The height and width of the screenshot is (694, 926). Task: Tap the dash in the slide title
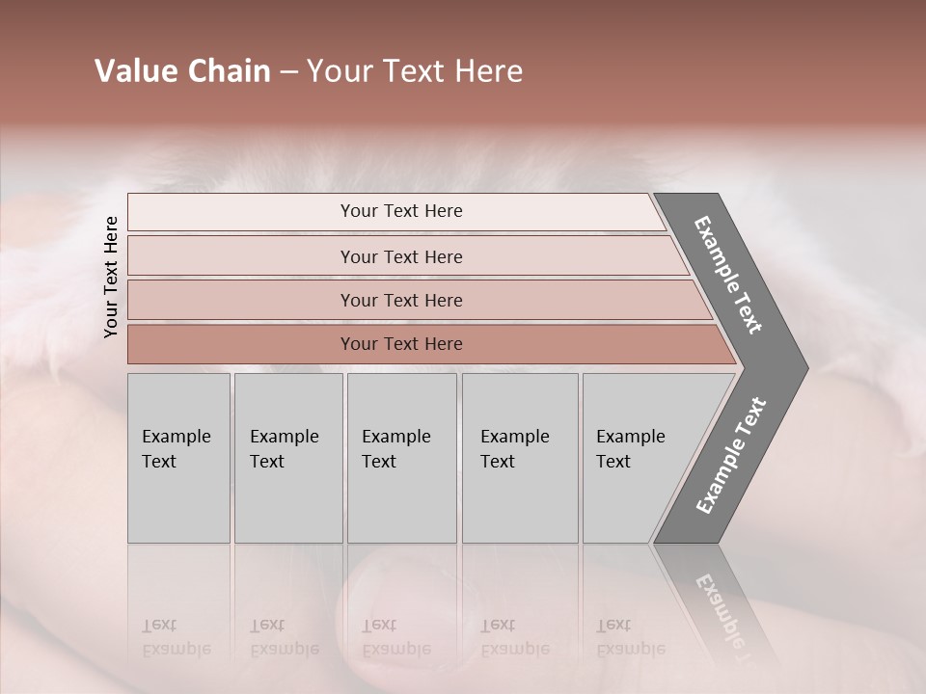pos(288,72)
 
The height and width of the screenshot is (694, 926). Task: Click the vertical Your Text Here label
pos(111,277)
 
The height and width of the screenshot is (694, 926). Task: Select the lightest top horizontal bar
pos(395,211)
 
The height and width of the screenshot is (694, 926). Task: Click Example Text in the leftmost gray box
pos(176,449)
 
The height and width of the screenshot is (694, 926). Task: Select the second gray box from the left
pos(287,458)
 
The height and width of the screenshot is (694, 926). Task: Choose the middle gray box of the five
pos(401,458)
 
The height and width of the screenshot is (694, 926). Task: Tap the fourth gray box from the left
pos(519,458)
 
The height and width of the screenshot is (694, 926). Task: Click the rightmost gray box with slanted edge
pos(637,458)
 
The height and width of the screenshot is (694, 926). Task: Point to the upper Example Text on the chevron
pos(728,275)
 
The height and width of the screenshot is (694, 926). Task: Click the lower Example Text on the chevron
pos(731,455)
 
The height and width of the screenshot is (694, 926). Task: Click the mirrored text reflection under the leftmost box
pos(176,638)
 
